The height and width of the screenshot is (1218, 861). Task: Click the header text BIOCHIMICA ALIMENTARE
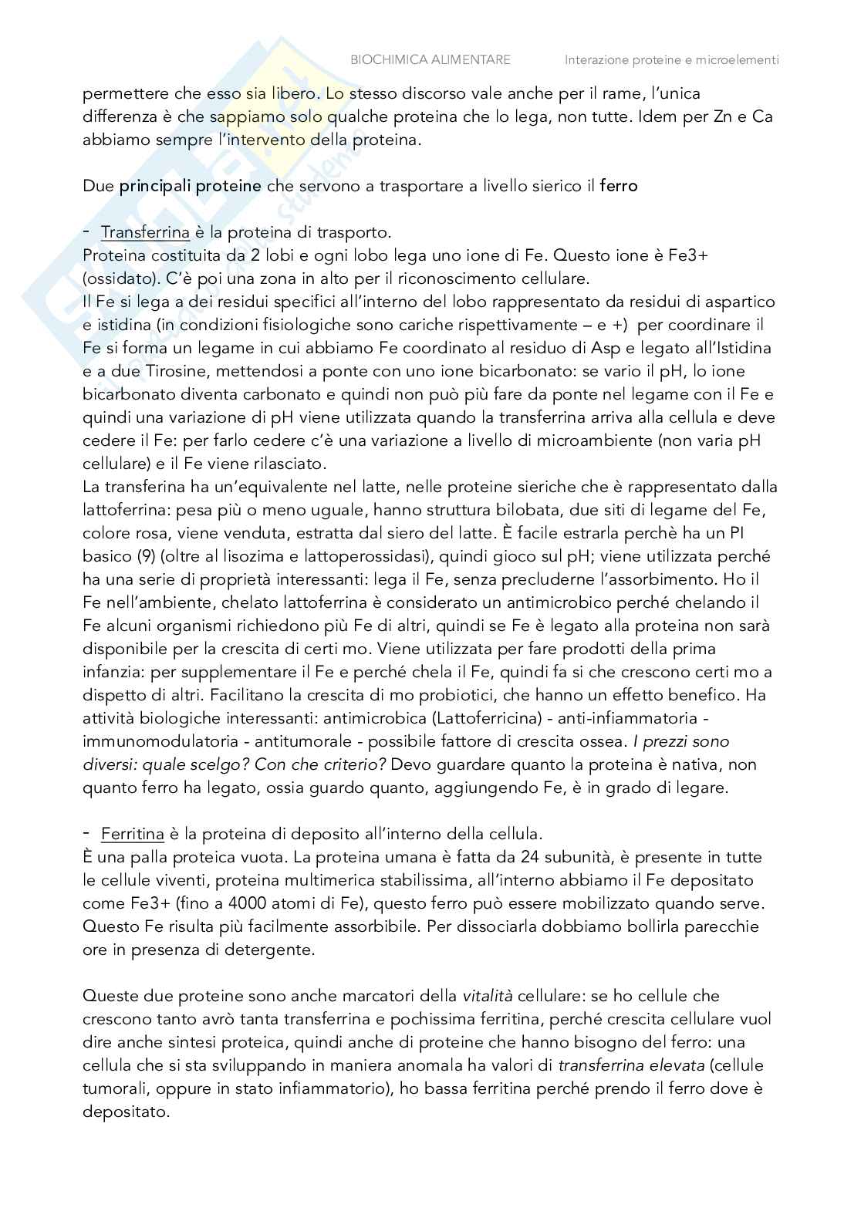430,59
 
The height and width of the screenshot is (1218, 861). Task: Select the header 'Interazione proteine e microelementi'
671,59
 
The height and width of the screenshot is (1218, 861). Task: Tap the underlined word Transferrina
145,232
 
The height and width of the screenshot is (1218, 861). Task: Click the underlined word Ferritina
132,834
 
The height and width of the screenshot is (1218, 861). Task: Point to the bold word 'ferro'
619,186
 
